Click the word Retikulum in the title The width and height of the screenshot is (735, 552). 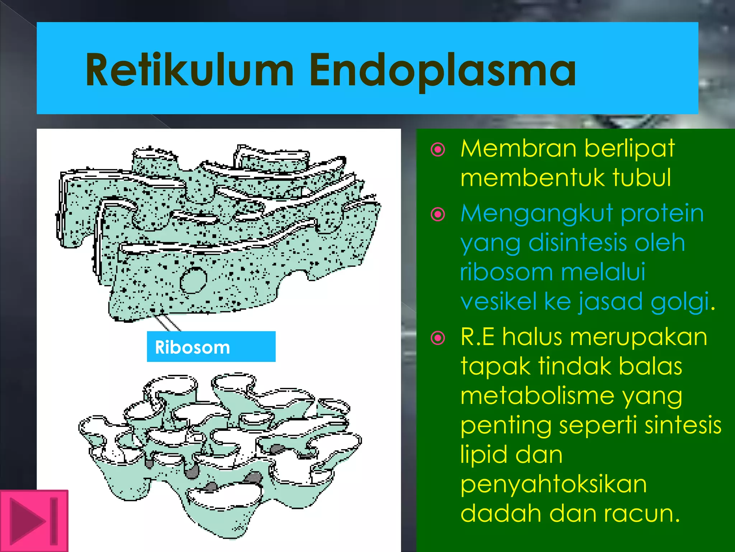[x=189, y=70]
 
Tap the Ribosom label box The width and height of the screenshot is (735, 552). [x=211, y=347]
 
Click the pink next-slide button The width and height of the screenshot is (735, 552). [x=34, y=521]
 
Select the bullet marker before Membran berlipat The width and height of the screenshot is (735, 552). [x=438, y=149]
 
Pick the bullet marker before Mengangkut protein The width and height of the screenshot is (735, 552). [x=438, y=215]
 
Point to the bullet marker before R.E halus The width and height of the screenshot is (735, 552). [x=438, y=338]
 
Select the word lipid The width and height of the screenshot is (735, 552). [x=483, y=455]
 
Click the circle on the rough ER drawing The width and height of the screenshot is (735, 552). [x=193, y=280]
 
